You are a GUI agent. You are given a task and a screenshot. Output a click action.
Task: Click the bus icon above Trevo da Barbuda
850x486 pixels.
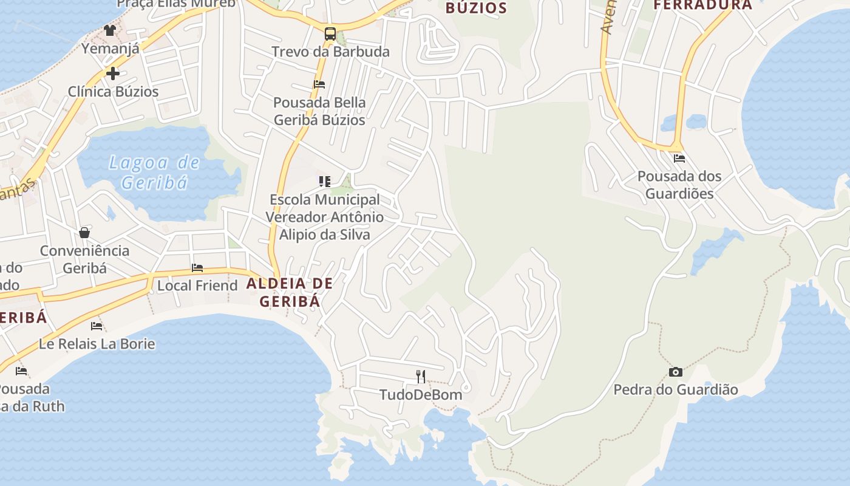tap(330, 34)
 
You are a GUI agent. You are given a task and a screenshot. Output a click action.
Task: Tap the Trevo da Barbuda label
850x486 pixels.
tap(330, 52)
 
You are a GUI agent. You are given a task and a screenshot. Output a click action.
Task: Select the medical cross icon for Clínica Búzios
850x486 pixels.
tap(112, 74)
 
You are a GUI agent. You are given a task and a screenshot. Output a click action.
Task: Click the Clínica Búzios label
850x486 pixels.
tap(113, 92)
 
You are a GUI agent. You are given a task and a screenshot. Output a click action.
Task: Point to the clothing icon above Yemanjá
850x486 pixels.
tap(109, 30)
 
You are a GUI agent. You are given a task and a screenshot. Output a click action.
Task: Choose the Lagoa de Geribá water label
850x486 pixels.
tap(154, 172)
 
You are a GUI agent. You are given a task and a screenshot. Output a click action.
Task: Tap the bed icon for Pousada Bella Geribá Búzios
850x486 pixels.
tap(319, 84)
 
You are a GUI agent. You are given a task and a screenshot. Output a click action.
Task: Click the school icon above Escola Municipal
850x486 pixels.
tap(325, 181)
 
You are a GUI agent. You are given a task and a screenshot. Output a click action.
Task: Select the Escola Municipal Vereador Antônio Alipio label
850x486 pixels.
tap(325, 217)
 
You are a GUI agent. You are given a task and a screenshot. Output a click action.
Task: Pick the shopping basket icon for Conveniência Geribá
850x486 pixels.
tap(84, 233)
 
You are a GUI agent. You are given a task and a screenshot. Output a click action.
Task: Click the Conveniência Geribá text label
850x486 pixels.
tap(84, 259)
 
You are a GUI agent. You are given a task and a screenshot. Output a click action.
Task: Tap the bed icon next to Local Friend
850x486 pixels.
tap(197, 267)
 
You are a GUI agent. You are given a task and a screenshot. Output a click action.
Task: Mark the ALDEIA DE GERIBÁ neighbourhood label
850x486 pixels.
tap(290, 292)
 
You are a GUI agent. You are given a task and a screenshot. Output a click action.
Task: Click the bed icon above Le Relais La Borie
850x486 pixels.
tap(97, 326)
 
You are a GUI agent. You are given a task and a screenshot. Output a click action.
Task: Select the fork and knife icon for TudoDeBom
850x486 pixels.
tap(421, 377)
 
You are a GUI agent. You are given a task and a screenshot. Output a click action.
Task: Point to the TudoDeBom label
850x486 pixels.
tap(421, 395)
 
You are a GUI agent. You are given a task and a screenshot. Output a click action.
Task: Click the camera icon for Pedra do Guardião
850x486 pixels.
tap(675, 372)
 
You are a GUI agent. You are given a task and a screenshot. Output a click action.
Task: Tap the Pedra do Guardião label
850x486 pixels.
tap(676, 389)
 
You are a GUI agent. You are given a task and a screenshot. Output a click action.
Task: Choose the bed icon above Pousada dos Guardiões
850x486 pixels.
tap(679, 159)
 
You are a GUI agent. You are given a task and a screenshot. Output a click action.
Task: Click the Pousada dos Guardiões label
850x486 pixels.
tap(679, 185)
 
